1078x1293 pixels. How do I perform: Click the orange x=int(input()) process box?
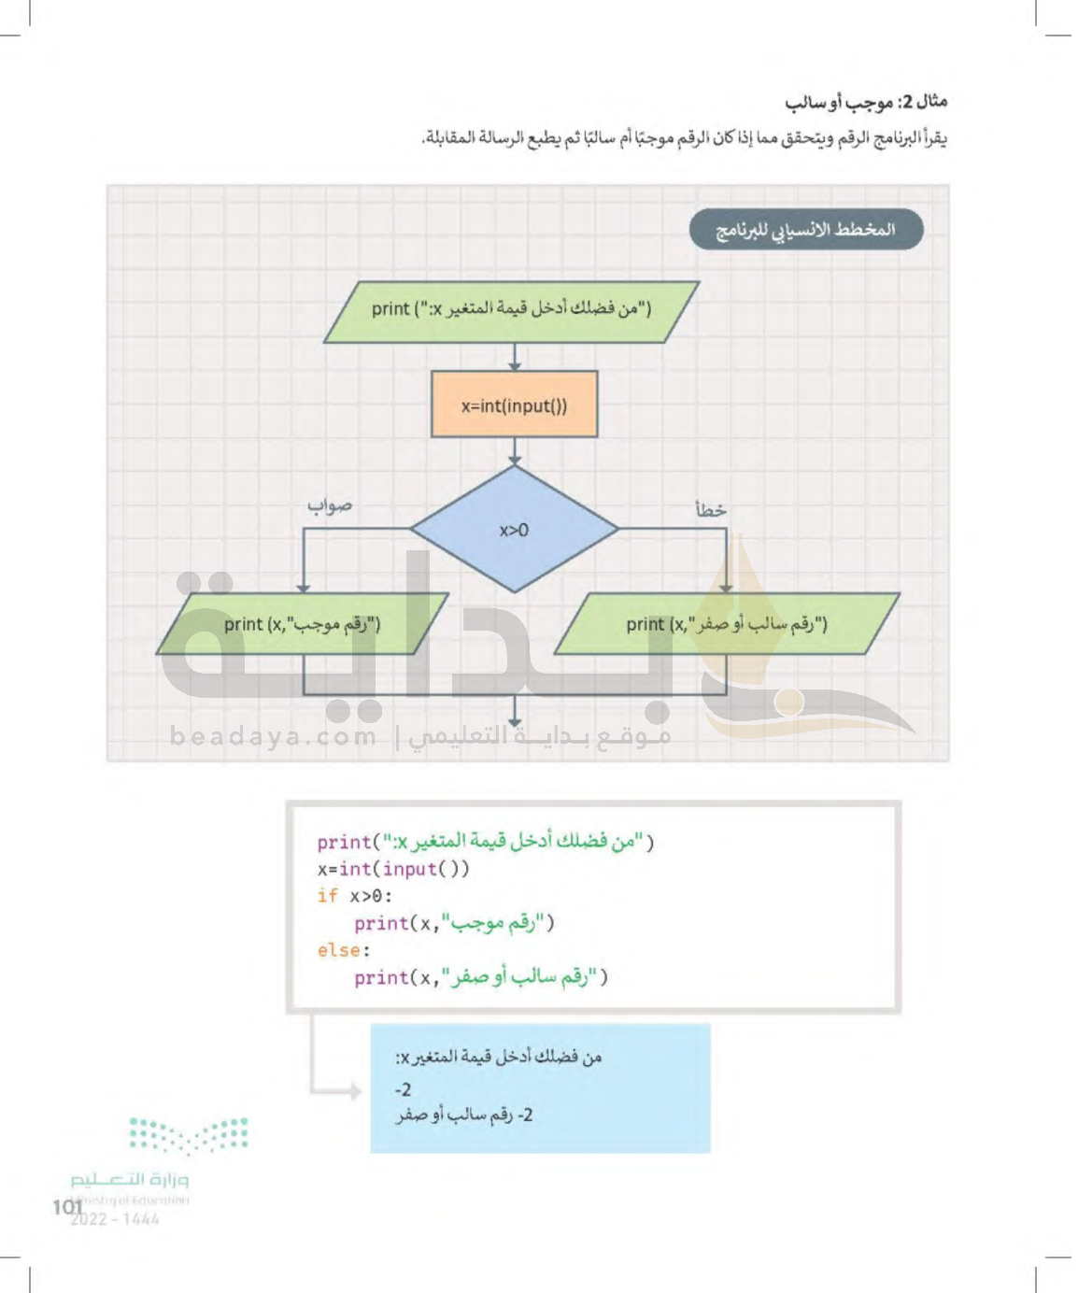[514, 405]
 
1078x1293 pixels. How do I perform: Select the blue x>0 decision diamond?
[514, 530]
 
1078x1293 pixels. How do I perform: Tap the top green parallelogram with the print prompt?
[511, 311]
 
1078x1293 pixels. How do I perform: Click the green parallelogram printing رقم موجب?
[302, 624]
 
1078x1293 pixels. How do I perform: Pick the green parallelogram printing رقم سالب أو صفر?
[726, 624]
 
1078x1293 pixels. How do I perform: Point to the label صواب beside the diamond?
[330, 505]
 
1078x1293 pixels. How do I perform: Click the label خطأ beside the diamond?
[710, 510]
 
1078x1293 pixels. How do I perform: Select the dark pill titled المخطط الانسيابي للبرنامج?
[805, 230]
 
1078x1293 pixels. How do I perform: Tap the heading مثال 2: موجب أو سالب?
[865, 101]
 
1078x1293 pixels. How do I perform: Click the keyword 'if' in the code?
[327, 896]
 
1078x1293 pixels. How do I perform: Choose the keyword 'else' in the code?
[339, 950]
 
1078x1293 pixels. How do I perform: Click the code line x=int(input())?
[393, 869]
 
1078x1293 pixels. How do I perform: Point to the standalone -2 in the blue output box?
[404, 1089]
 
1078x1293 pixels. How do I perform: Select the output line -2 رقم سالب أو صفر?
[464, 1115]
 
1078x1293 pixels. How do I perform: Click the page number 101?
[67, 1207]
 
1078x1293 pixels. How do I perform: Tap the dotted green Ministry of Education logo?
[188, 1134]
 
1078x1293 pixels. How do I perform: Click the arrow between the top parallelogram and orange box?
[514, 357]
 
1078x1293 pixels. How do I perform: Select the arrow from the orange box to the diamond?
[514, 451]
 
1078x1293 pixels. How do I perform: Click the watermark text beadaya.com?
[273, 736]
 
